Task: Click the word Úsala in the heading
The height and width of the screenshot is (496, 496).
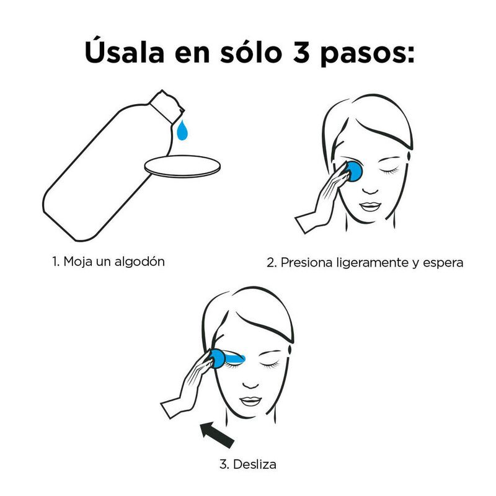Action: tap(125, 51)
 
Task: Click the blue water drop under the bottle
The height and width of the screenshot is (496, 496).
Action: tap(182, 130)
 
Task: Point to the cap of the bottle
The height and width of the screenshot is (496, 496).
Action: tap(167, 106)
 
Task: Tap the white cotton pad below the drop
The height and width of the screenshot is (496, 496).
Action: tap(182, 166)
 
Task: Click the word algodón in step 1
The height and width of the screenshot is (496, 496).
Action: tap(139, 262)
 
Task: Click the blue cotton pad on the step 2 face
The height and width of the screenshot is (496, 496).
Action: tap(354, 172)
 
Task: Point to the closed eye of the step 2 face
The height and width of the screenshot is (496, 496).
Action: tap(389, 171)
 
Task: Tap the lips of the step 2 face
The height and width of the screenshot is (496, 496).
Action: tap(370, 206)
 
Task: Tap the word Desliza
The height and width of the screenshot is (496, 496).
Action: tap(255, 464)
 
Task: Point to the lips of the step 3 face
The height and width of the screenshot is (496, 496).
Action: tap(250, 401)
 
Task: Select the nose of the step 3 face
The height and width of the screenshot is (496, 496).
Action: tap(250, 384)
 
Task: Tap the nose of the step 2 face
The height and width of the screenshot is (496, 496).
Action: tap(370, 190)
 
